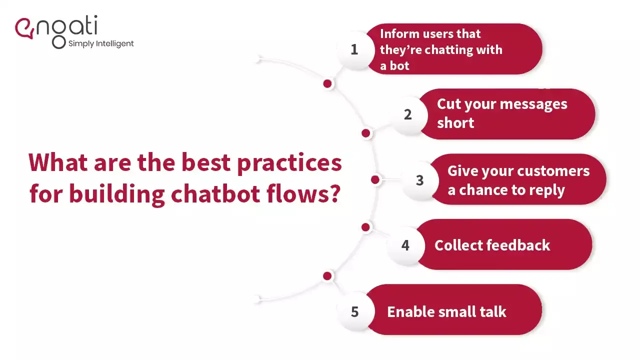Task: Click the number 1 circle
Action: (x=354, y=49)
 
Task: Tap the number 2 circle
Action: (x=407, y=114)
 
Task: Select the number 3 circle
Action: (x=419, y=180)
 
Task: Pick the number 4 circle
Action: (x=405, y=245)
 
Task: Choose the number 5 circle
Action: (x=354, y=311)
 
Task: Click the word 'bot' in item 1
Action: (x=399, y=66)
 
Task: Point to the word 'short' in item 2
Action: (x=455, y=123)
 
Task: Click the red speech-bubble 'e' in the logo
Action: (x=24, y=28)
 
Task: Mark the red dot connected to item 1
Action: (x=327, y=84)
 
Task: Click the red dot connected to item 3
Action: (x=375, y=180)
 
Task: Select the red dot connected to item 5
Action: (x=327, y=276)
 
